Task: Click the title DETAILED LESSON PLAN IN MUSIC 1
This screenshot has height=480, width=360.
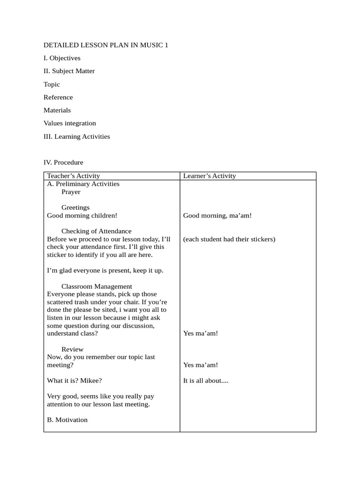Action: tap(105, 45)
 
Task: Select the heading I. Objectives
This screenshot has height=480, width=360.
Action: tap(62, 58)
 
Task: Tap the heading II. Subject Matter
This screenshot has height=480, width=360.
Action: tap(69, 71)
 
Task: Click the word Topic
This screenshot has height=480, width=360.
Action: tap(52, 84)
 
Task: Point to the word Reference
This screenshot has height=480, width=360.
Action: tap(58, 97)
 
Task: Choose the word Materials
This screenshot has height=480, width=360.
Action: tap(57, 110)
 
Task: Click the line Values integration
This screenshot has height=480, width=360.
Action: tap(69, 123)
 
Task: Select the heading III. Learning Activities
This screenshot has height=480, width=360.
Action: tap(76, 136)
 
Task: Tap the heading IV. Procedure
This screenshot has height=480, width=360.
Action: tap(63, 163)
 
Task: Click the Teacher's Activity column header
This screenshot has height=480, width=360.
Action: tap(73, 176)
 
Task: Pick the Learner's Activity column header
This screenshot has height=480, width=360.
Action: tap(209, 176)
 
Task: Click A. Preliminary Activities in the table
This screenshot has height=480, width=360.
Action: tap(83, 184)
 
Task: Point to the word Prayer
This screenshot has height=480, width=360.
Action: tap(71, 192)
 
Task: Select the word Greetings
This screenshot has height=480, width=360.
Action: tap(75, 208)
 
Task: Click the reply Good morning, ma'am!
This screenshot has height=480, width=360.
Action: tap(217, 216)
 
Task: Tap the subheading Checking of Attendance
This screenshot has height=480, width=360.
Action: tap(96, 231)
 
